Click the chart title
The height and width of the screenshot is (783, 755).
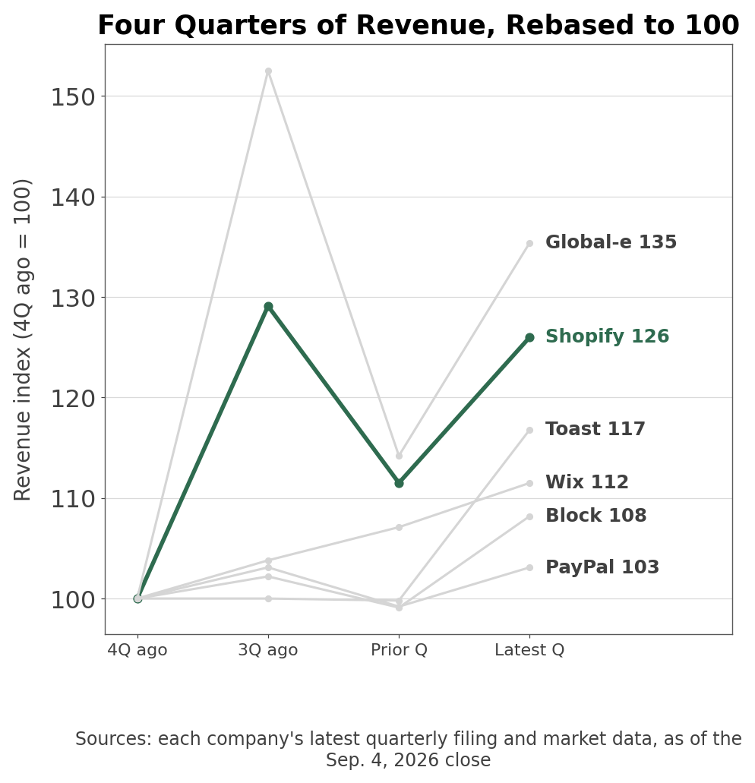[419, 25]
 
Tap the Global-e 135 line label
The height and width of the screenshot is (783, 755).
[611, 242]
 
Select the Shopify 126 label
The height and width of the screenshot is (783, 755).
[607, 336]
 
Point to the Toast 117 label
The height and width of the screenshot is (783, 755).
[595, 429]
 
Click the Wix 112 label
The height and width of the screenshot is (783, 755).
[586, 482]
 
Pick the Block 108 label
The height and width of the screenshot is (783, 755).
[595, 516]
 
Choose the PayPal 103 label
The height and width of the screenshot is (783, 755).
[602, 567]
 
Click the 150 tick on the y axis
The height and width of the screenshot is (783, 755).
[73, 96]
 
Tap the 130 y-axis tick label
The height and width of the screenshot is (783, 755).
[73, 298]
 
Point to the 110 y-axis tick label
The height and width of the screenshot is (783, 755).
[73, 499]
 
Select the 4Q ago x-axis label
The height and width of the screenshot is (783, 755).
[137, 650]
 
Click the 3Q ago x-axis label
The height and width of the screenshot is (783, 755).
[268, 650]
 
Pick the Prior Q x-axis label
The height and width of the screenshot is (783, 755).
[399, 650]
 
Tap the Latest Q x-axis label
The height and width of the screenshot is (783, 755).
[529, 650]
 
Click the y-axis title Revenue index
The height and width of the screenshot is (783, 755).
[23, 339]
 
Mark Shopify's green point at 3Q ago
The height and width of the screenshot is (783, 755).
[268, 307]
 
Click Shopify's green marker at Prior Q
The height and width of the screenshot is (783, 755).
[399, 483]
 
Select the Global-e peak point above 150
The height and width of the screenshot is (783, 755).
[268, 71]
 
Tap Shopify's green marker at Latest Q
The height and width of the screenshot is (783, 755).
[530, 338]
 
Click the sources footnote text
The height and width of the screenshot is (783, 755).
[409, 750]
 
